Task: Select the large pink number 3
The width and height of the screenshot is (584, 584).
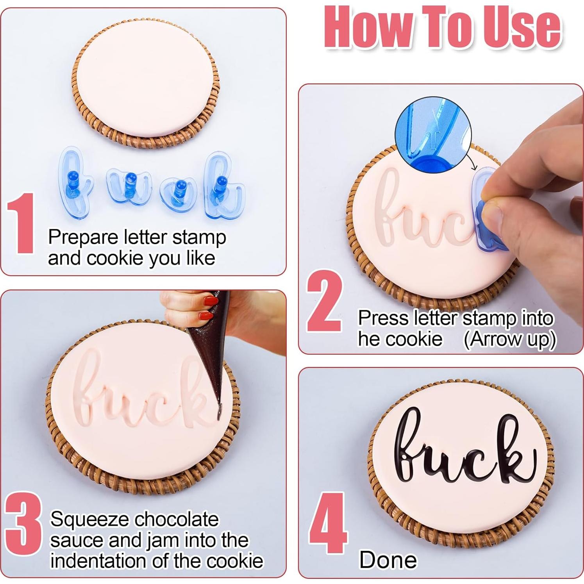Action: tap(23, 523)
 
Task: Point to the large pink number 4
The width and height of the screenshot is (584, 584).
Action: tap(328, 523)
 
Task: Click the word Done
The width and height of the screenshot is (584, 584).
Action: tap(388, 560)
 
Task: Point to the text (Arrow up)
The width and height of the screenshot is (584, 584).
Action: tap(509, 339)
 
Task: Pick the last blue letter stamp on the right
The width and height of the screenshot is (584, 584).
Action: tap(223, 186)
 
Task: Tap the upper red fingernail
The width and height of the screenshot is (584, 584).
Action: tap(210, 301)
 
